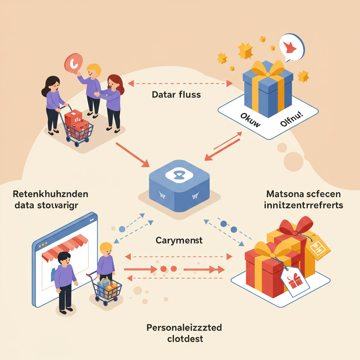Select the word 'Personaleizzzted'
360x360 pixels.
pyautogui.click(x=184, y=328)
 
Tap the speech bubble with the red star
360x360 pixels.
pyautogui.click(x=291, y=47)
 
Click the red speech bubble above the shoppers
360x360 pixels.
pyautogui.click(x=73, y=63)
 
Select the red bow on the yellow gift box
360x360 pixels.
pyautogui.click(x=296, y=225)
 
